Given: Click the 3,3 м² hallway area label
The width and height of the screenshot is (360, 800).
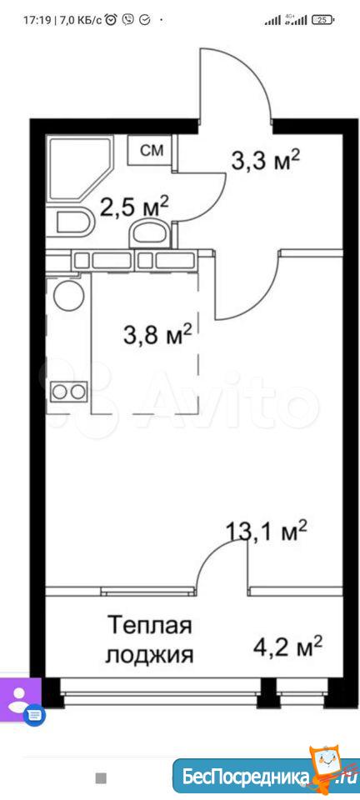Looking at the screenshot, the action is click(x=264, y=161).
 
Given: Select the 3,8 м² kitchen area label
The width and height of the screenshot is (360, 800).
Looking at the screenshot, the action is click(x=157, y=335).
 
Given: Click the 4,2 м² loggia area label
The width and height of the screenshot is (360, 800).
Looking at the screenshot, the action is click(x=288, y=648).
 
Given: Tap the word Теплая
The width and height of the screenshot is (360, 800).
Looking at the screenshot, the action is click(x=149, y=626).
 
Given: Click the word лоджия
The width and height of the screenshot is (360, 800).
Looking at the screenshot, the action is click(x=149, y=655).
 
